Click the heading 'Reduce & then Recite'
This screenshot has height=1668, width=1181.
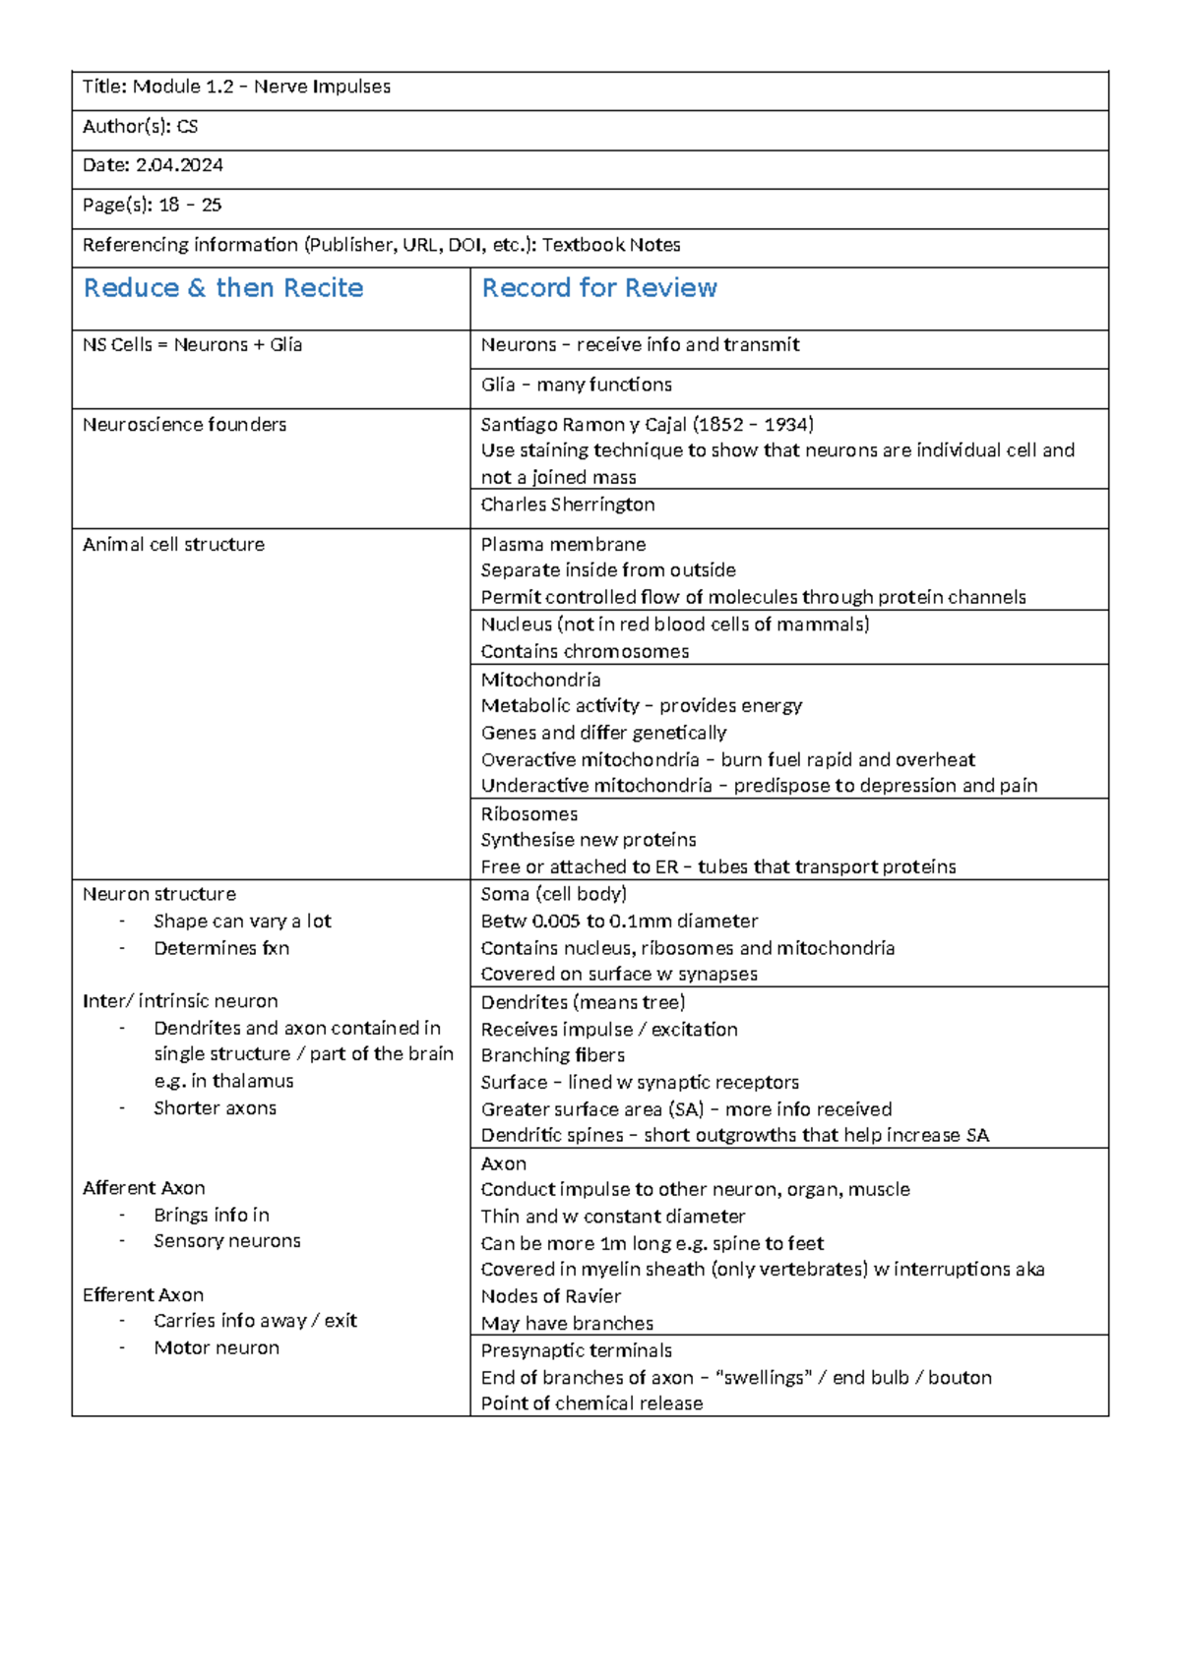pos(223,288)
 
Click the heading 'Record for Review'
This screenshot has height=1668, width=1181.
pos(598,288)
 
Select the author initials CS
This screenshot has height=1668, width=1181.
pos(187,127)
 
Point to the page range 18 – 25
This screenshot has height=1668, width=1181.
pos(190,206)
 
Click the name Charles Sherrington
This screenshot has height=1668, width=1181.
pos(567,505)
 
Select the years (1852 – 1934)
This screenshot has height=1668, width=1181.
pos(753,425)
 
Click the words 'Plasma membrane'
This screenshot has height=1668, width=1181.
pos(563,545)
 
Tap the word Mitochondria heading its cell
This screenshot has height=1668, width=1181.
pos(540,680)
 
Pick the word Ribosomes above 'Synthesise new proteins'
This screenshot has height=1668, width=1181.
pos(528,814)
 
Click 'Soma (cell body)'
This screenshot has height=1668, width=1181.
pos(553,894)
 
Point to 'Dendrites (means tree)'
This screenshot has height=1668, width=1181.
pos(583,1002)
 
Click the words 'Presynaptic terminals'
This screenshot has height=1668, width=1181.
pos(576,1350)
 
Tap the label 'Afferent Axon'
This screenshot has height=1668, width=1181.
pos(144,1188)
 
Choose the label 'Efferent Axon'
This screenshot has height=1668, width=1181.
pos(143,1295)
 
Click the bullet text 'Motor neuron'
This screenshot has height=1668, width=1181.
pos(216,1348)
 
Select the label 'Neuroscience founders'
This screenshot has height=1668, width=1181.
pos(184,425)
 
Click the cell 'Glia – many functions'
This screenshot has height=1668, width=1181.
pos(576,385)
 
